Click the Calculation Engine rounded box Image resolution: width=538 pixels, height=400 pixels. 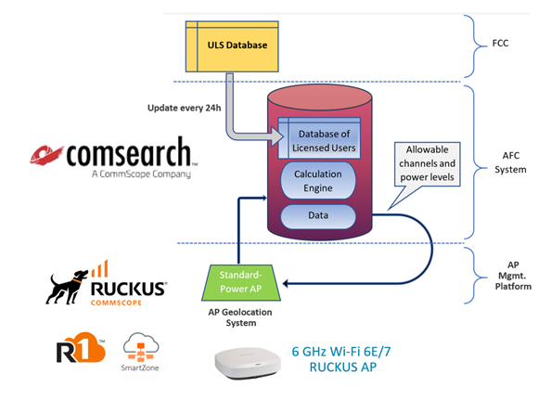(x=318, y=181)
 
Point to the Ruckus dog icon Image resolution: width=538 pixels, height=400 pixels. (x=69, y=284)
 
